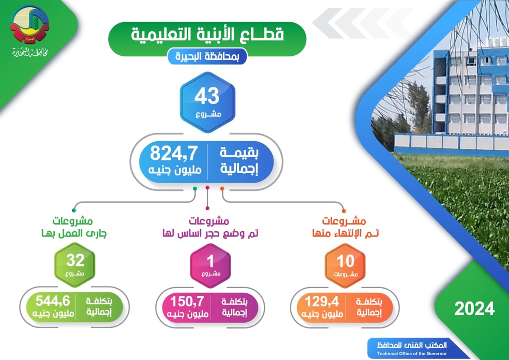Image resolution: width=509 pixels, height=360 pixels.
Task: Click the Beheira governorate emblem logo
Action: [30, 25]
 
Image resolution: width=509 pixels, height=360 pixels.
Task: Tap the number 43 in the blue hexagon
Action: [207, 96]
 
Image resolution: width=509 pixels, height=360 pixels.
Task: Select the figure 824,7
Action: [173, 153]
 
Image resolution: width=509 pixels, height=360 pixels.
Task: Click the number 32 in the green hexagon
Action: [76, 260]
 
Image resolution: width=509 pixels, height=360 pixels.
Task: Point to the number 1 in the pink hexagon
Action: [210, 261]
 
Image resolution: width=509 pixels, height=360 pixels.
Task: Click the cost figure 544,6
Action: [53, 301]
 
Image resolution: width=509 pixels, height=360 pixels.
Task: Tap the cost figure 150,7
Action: [187, 301]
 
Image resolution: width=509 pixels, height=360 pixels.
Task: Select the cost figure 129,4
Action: [322, 301]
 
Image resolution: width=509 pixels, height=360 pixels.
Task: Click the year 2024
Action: [475, 309]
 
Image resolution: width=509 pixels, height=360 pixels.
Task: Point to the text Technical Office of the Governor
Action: [412, 354]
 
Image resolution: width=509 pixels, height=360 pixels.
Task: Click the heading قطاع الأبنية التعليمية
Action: [207, 34]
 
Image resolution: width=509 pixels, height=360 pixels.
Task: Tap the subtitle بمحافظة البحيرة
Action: [207, 56]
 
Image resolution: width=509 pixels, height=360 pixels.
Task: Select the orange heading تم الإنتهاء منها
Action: [345, 233]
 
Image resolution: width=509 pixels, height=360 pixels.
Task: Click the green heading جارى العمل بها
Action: [74, 233]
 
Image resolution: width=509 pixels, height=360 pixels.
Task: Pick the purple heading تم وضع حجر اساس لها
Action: [210, 233]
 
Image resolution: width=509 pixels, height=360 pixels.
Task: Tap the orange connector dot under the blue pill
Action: [222, 188]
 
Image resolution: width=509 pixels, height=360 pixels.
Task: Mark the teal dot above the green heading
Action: [74, 211]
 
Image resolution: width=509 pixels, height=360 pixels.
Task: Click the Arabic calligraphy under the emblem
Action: [30, 53]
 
